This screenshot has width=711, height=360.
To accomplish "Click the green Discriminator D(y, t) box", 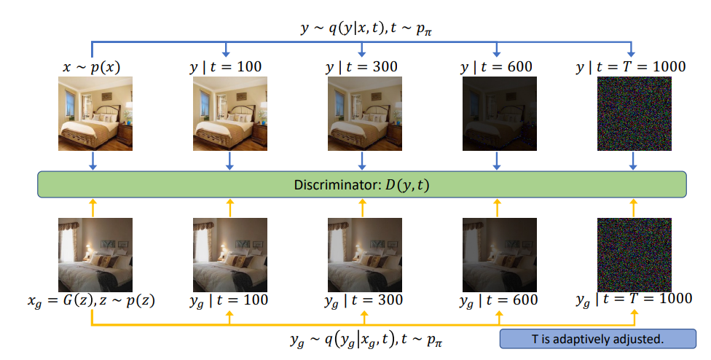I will [362, 184].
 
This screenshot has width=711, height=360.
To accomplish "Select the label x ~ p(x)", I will [92, 66].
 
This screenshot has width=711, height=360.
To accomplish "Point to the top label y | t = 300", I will [362, 66].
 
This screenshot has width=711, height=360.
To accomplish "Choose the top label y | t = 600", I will [497, 66].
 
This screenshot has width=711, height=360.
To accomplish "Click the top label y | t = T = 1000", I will [631, 66].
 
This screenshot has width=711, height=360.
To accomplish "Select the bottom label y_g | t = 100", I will [228, 300].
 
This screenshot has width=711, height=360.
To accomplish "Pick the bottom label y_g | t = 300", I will [362, 300].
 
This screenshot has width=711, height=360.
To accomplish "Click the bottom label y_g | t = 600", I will [497, 300].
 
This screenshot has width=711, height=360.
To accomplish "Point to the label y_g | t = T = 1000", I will [631, 300].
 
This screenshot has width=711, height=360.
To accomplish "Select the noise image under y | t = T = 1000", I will [632, 114].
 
